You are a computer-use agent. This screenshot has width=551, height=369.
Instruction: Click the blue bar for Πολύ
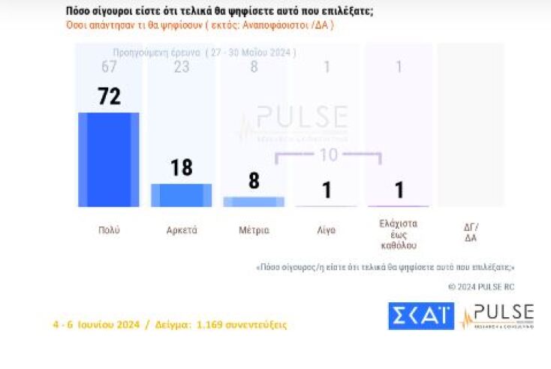[109, 159]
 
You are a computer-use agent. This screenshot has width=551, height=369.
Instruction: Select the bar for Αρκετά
[182, 195]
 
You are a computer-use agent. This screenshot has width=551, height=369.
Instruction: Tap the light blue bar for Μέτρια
[254, 202]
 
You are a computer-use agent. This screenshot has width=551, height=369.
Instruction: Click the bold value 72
[109, 97]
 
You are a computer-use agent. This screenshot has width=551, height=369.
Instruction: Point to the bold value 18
[182, 167]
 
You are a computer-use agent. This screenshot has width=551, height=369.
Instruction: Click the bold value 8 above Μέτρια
[254, 181]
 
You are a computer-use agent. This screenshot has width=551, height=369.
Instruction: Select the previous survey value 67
[109, 67]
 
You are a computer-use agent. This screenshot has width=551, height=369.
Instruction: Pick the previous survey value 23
[182, 67]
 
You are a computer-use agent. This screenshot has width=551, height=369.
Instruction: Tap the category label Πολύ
[109, 230]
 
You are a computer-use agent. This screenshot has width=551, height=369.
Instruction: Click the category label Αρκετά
[182, 230]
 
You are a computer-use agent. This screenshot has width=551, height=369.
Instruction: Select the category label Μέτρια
[254, 230]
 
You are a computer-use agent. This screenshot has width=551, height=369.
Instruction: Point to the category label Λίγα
[327, 230]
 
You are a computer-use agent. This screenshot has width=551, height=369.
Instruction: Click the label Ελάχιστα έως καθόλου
[399, 234]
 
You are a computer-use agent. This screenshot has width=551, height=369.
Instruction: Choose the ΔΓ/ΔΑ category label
[471, 233]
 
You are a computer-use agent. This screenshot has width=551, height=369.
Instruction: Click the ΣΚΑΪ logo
[420, 316]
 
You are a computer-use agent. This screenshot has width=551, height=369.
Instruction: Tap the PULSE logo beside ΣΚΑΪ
[498, 316]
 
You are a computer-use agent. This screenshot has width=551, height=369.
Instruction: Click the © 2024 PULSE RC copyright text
[481, 286]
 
